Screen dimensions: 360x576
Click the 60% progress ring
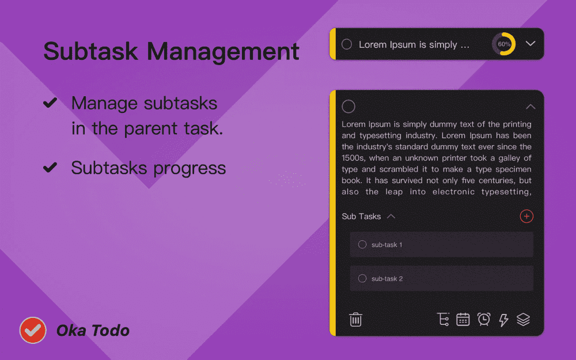(x=504, y=44)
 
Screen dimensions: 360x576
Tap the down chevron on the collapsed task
(x=530, y=44)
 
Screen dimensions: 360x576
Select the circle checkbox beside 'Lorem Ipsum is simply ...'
(x=347, y=44)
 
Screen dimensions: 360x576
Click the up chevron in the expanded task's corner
(x=530, y=107)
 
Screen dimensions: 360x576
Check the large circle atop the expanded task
(x=348, y=107)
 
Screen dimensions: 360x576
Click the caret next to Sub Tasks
(x=391, y=217)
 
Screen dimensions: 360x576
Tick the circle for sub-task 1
(x=362, y=245)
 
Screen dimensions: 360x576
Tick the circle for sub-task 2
(x=362, y=279)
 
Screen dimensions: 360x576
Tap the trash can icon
(x=355, y=319)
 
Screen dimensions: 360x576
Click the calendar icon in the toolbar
(x=463, y=319)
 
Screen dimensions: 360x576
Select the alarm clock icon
(x=484, y=319)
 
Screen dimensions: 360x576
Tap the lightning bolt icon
(x=503, y=320)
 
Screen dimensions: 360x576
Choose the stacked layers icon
(x=523, y=319)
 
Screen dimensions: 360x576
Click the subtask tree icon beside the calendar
(x=444, y=319)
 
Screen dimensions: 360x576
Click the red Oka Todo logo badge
(x=33, y=330)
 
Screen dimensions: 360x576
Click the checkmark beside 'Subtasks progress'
(x=51, y=168)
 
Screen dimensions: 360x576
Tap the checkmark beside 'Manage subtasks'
(x=51, y=103)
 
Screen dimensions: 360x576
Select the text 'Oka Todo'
(x=93, y=331)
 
